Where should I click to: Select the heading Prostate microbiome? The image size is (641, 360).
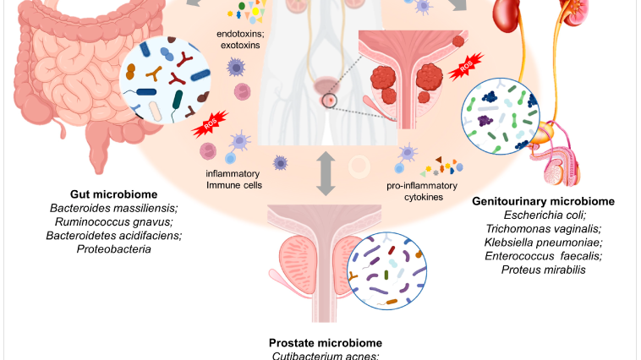click(x=326, y=342)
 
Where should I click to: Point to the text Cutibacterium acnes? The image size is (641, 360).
click(x=325, y=356)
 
